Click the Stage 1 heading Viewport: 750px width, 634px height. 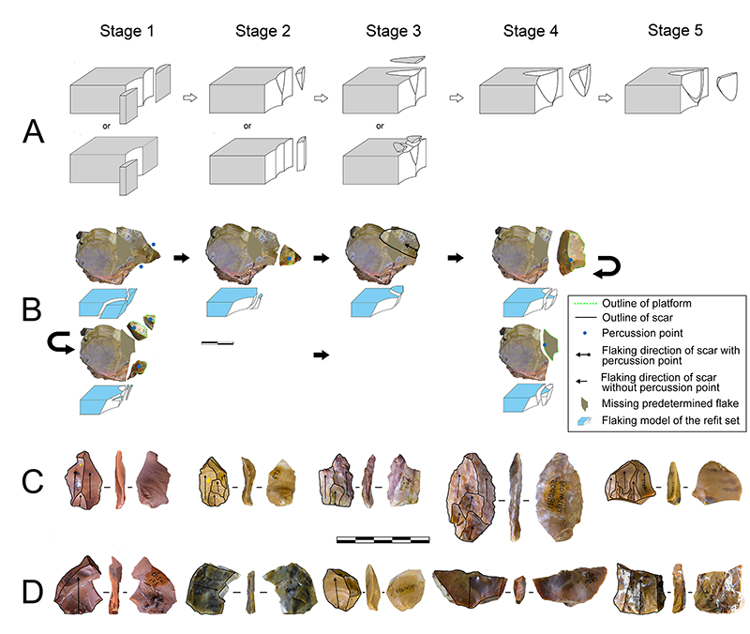[127, 32]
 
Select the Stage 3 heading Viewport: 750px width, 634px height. [394, 32]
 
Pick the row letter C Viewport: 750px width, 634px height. [34, 483]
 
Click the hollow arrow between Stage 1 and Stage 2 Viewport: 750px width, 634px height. [189, 97]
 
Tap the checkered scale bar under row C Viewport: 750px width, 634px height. [382, 539]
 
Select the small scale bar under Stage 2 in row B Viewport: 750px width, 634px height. [217, 342]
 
